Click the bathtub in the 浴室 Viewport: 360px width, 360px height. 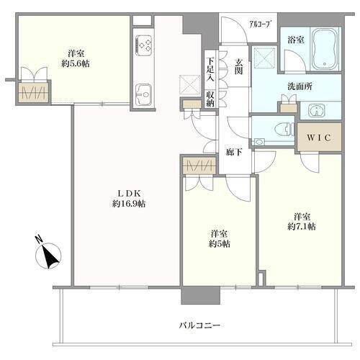325,49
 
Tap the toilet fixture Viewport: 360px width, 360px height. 285,130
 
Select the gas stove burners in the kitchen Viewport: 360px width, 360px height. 144,45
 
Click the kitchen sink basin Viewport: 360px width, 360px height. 144,95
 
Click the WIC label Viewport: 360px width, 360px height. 319,138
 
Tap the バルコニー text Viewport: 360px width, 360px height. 199,325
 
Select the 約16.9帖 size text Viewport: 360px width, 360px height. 129,204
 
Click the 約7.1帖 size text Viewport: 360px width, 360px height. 302,226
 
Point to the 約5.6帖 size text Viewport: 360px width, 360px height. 76,63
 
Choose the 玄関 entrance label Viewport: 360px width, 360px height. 238,66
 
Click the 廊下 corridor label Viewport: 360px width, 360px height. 234,152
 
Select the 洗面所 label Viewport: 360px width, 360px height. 300,86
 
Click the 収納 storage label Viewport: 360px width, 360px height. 210,99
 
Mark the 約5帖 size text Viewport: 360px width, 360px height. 220,244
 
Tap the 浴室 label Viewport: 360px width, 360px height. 296,40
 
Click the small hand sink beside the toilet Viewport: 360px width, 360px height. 259,141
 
